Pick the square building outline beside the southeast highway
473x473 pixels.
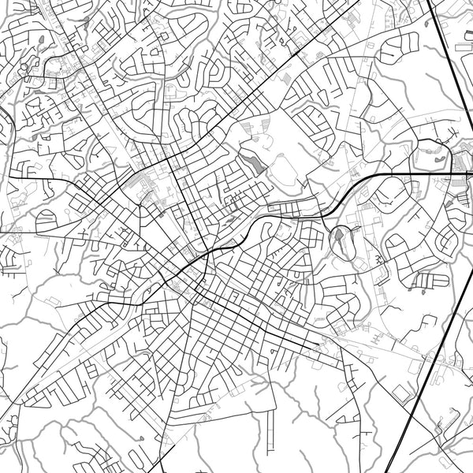tap(402, 392)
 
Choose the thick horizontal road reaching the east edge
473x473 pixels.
tap(441, 173)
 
